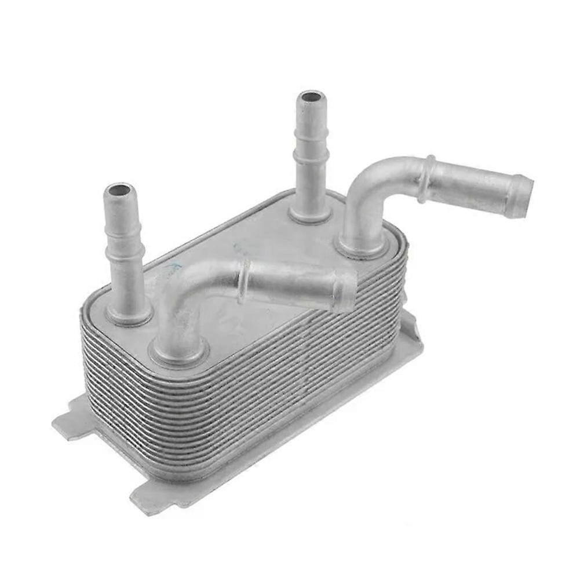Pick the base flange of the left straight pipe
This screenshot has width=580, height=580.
tap(129, 316)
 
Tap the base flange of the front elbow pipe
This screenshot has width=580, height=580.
tap(178, 353)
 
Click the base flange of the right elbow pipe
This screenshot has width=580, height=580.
tap(363, 249)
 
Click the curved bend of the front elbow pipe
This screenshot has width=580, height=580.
tap(180, 284)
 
